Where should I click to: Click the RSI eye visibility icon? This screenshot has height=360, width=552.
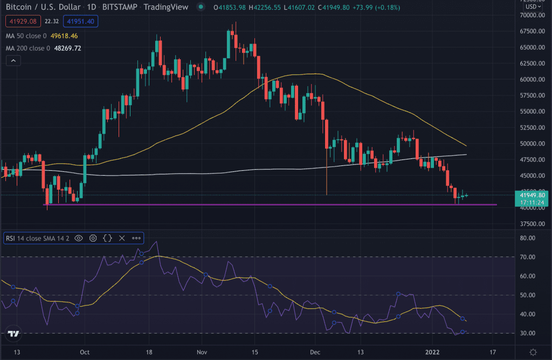point(79,238)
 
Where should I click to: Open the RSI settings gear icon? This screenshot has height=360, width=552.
point(93,238)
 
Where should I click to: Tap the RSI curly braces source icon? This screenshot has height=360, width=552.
point(107,238)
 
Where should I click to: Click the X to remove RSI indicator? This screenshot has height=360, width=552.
point(121,238)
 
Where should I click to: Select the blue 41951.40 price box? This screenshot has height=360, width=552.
point(80,21)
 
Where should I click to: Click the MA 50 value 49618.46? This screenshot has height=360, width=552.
point(67,35)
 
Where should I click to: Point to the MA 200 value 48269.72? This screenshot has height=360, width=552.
point(70,48)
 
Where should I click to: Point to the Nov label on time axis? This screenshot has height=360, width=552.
point(202,352)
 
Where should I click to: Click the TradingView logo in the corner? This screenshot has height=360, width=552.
point(14,334)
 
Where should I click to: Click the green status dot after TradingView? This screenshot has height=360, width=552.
point(201,7)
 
